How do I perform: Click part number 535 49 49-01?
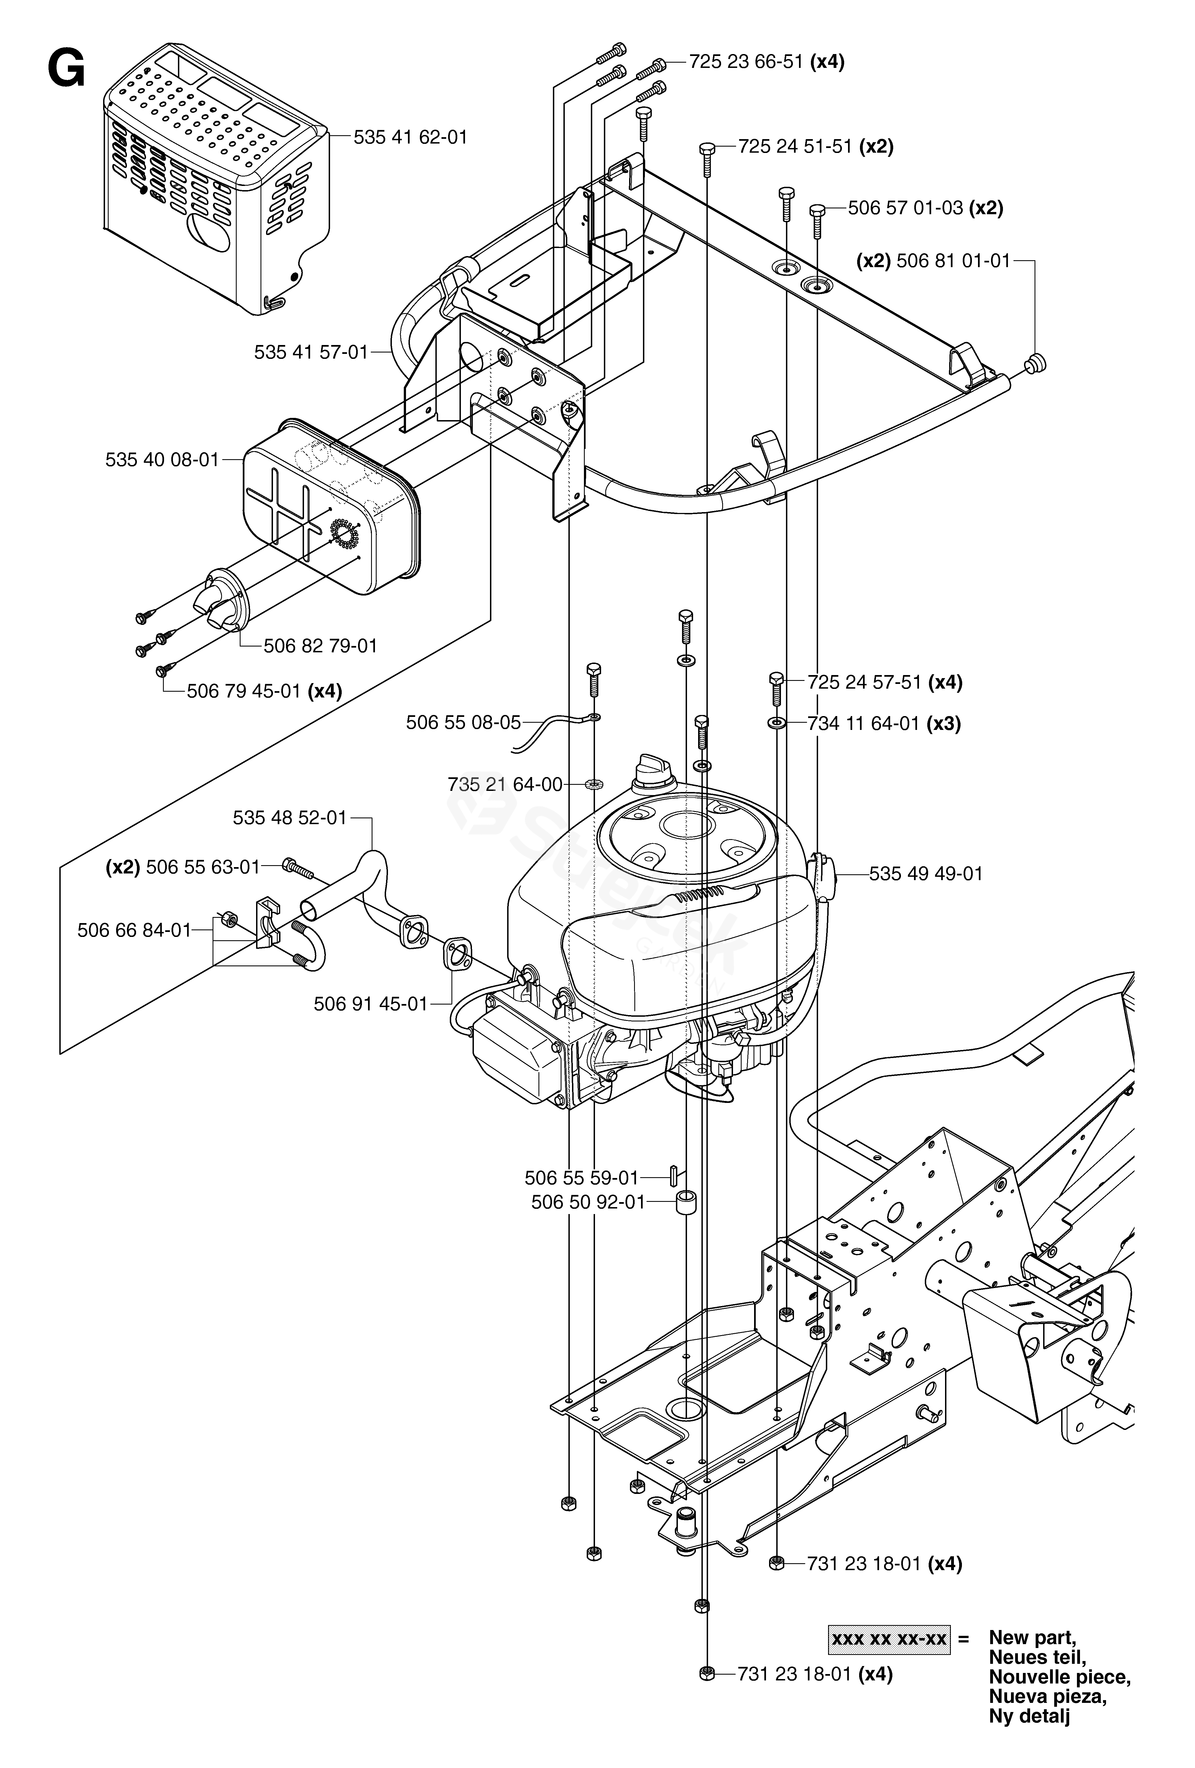(926, 873)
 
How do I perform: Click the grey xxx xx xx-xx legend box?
(888, 1639)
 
